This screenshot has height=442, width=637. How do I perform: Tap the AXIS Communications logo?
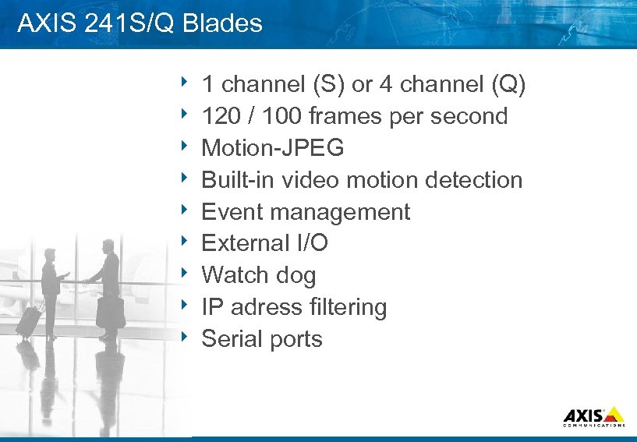coord(593,416)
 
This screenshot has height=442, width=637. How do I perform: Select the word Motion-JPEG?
coord(272,148)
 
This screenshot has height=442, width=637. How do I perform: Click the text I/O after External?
coord(310,243)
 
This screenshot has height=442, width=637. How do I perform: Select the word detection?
coord(473,180)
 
